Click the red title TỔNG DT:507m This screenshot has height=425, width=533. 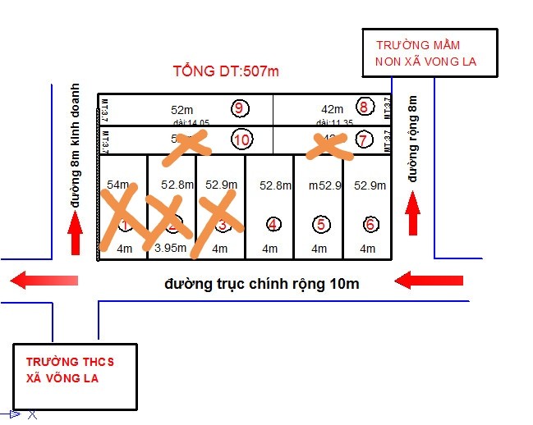[x=226, y=71]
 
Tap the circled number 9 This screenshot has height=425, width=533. [x=239, y=108]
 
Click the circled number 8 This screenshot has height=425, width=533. [x=364, y=107]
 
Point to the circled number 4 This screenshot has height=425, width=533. [x=273, y=224]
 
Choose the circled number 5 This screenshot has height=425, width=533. [x=321, y=223]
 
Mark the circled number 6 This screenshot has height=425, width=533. [x=370, y=224]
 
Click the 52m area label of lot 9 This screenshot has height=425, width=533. [x=181, y=109]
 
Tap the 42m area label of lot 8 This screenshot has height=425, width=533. [x=332, y=109]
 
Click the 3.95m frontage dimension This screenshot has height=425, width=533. [x=171, y=248]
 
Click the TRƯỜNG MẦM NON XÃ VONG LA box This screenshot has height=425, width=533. [x=430, y=53]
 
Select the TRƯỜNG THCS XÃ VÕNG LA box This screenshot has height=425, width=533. [x=74, y=377]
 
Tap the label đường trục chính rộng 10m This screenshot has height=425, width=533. [x=261, y=284]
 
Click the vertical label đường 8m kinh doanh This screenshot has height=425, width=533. [x=76, y=145]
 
